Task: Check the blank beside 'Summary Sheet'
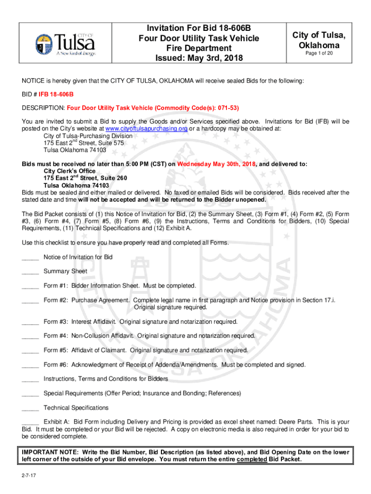coord(30,272)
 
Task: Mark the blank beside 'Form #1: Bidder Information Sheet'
coord(30,286)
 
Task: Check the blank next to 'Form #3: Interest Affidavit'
coord(30,322)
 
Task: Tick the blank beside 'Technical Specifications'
coord(30,408)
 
